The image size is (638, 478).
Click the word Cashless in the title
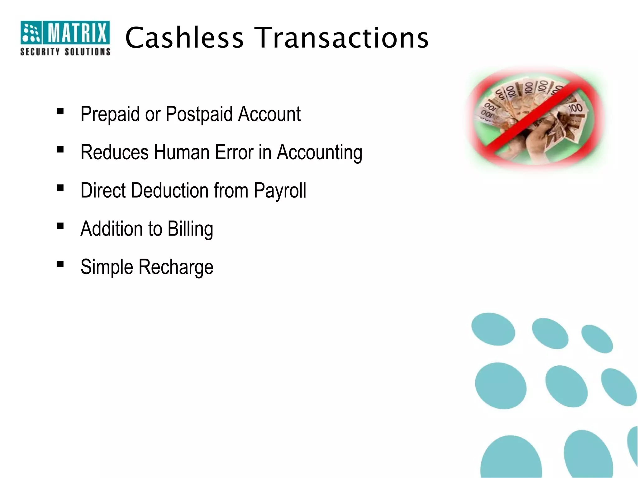[184, 38]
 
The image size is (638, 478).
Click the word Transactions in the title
[342, 38]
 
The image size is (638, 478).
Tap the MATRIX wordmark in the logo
[77, 32]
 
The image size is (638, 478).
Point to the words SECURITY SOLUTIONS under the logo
[65, 52]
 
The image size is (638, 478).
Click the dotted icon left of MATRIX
[31, 32]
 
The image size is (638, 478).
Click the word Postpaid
[199, 114]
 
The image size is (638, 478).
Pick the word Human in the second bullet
[181, 152]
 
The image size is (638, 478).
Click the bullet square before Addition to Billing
[60, 226]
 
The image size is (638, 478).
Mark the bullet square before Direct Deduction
[60, 188]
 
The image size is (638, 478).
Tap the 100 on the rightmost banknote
[575, 108]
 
